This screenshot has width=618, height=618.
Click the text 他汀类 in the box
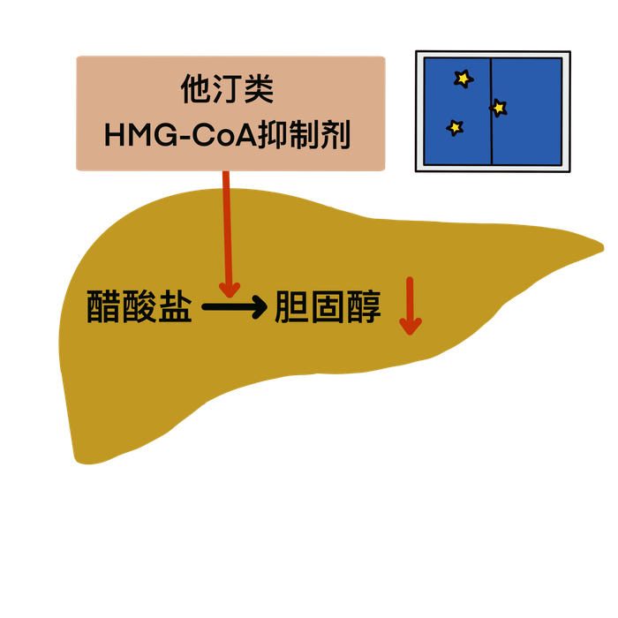click(227, 90)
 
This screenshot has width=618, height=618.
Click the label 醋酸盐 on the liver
click(139, 307)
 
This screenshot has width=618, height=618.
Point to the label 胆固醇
click(328, 307)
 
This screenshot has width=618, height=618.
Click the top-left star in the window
click(463, 79)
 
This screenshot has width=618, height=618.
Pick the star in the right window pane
click(499, 108)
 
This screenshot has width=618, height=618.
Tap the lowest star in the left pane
click(455, 127)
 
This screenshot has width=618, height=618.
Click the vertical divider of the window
click(491, 111)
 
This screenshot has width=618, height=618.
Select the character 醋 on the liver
click(104, 307)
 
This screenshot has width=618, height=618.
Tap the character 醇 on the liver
click(364, 307)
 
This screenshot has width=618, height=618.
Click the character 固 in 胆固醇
click(328, 307)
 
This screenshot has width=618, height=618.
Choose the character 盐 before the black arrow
click(175, 307)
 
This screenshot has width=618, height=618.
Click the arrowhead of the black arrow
click(257, 307)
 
